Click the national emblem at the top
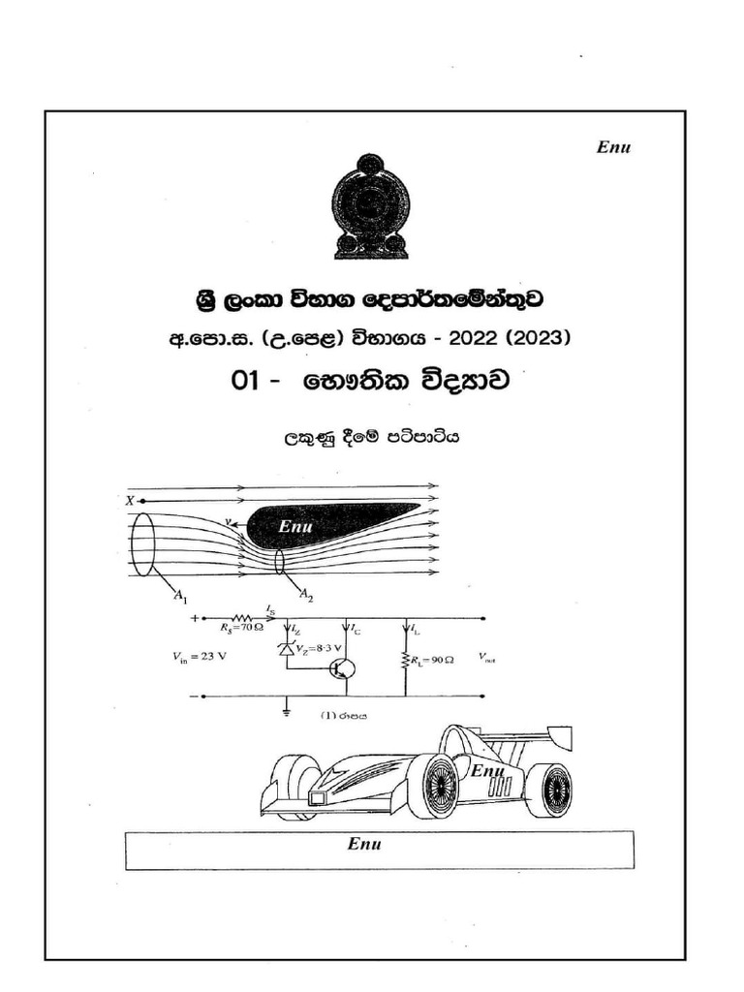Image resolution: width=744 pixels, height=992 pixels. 371,206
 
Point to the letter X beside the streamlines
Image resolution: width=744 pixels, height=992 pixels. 130,500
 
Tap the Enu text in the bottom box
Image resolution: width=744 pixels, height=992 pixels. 364,844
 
